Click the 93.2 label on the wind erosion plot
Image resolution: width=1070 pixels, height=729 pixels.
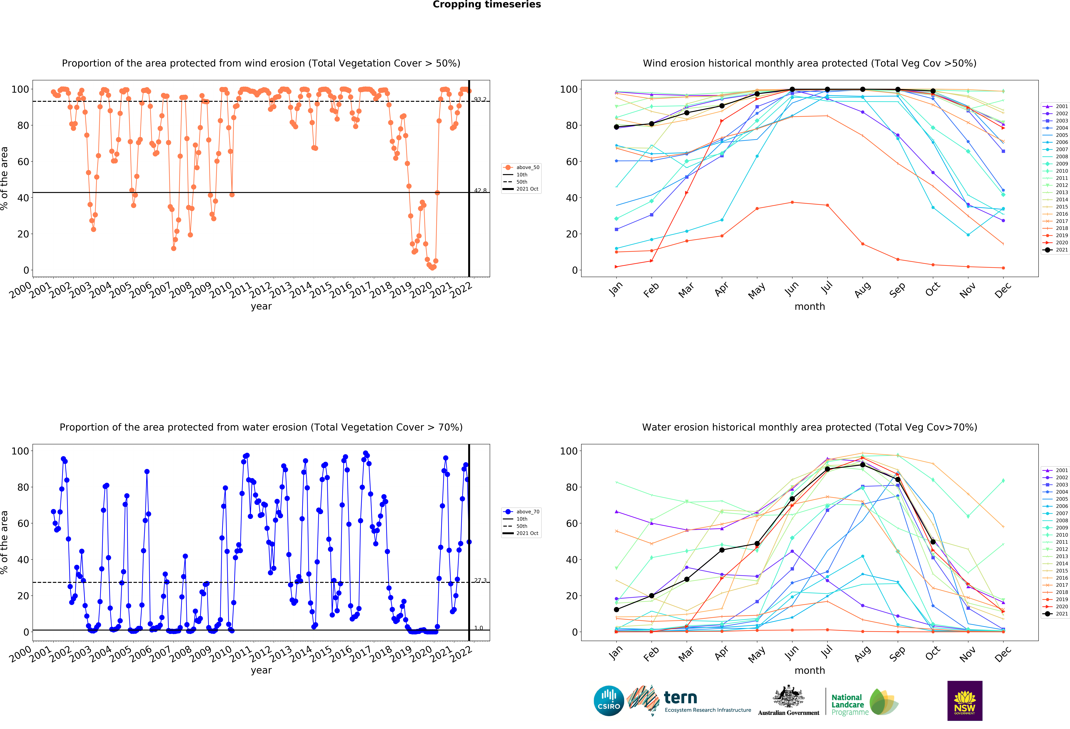(x=480, y=99)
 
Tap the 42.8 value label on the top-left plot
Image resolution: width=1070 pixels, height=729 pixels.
(x=480, y=191)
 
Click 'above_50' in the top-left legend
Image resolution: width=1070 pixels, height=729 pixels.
(x=528, y=168)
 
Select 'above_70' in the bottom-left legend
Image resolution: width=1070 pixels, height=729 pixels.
(x=528, y=512)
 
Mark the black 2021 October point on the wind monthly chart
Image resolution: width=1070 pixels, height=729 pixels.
(x=933, y=91)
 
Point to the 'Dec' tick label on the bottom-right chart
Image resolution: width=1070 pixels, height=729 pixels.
(x=1003, y=654)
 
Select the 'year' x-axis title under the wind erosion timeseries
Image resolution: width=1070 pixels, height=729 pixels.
(x=261, y=306)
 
